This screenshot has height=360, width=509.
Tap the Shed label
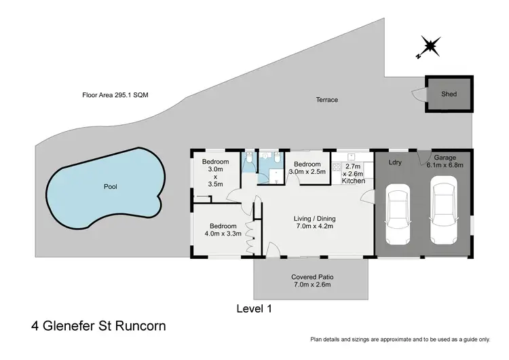449,94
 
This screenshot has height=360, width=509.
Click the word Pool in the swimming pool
110,185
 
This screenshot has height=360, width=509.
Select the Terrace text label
326,100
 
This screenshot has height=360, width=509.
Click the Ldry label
395,163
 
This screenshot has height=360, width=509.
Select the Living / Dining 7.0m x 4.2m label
314,223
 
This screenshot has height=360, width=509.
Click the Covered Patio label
312,281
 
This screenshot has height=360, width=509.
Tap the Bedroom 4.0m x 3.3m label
223,230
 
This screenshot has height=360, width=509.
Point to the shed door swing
418,98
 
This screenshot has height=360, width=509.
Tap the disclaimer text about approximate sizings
400,338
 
